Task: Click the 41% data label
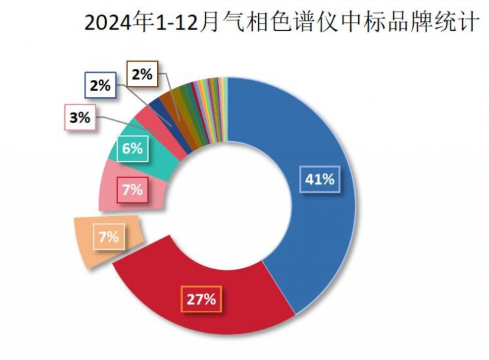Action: point(320,179)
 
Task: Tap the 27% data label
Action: point(201,299)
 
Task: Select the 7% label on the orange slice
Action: point(109,237)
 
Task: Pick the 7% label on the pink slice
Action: point(132,190)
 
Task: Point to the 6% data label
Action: point(132,149)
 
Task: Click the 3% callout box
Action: point(80,118)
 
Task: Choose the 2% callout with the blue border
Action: point(100,85)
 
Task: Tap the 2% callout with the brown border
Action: point(142,74)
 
